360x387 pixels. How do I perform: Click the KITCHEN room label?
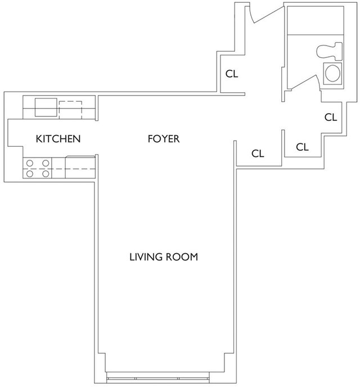tap(58, 139)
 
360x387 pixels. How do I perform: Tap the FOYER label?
tap(164, 139)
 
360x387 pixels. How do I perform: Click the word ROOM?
tap(182, 257)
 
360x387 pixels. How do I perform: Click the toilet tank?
tap(338, 51)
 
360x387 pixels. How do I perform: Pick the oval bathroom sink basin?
tap(332, 73)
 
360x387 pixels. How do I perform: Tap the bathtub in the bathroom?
tap(316, 20)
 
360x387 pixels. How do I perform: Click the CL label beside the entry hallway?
tap(232, 74)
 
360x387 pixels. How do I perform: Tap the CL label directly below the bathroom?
tap(331, 117)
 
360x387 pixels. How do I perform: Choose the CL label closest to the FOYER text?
tap(258, 154)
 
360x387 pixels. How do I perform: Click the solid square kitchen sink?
tap(46, 107)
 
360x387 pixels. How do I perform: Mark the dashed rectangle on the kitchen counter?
tap(70, 110)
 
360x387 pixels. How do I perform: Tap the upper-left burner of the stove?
tap(30, 163)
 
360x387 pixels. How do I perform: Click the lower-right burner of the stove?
tap(46, 174)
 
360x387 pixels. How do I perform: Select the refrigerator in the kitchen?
tap(80, 167)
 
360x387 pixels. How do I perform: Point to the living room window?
tap(158, 379)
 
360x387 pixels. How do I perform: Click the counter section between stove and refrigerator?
tap(58, 168)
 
